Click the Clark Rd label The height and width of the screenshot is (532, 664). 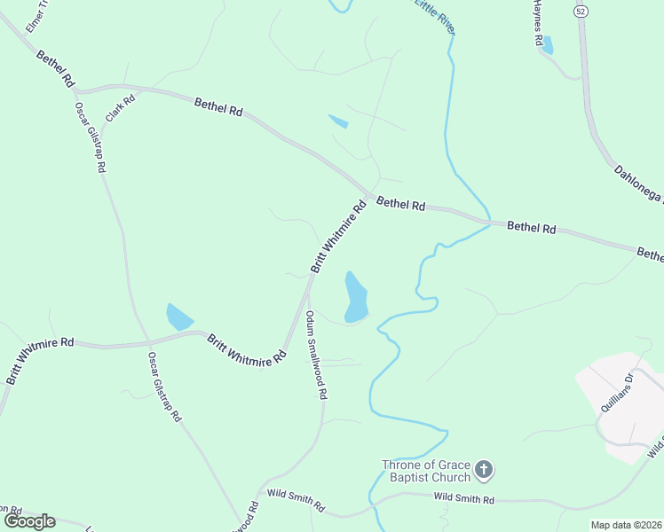pos(120,107)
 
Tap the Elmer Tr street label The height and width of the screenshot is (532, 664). pos(34,17)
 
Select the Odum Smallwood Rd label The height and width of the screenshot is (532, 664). pos(317,355)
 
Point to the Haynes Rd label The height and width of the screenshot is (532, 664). pos(536,24)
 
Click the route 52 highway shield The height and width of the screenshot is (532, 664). pos(581,11)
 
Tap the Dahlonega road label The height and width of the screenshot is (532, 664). pos(637,182)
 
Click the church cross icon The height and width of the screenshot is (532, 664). pos(483,470)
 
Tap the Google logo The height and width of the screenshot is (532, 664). pos(29,521)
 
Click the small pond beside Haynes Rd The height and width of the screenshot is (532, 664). pos(547,45)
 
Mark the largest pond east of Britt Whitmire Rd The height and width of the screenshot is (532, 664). pos(355,296)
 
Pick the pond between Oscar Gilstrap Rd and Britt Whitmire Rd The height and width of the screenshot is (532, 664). pos(179,317)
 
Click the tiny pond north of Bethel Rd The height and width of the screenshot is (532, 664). pos(338,121)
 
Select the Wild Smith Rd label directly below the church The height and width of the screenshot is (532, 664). pos(463,500)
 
